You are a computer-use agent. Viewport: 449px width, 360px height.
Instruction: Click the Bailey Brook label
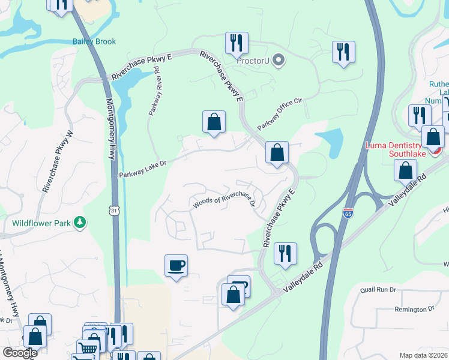(94, 41)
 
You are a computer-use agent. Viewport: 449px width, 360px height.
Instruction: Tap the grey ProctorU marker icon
(278, 59)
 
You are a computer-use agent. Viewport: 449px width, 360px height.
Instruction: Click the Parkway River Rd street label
(154, 91)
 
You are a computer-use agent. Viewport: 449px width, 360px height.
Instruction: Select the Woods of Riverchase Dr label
(224, 203)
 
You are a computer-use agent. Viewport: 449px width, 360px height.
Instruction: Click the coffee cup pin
(176, 265)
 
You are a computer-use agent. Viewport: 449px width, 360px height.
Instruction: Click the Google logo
(20, 353)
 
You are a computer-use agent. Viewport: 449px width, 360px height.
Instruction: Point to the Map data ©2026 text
(423, 355)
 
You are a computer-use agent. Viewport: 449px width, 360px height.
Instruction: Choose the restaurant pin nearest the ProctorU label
(237, 43)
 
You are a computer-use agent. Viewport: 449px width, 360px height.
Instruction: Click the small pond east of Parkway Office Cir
(328, 142)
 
